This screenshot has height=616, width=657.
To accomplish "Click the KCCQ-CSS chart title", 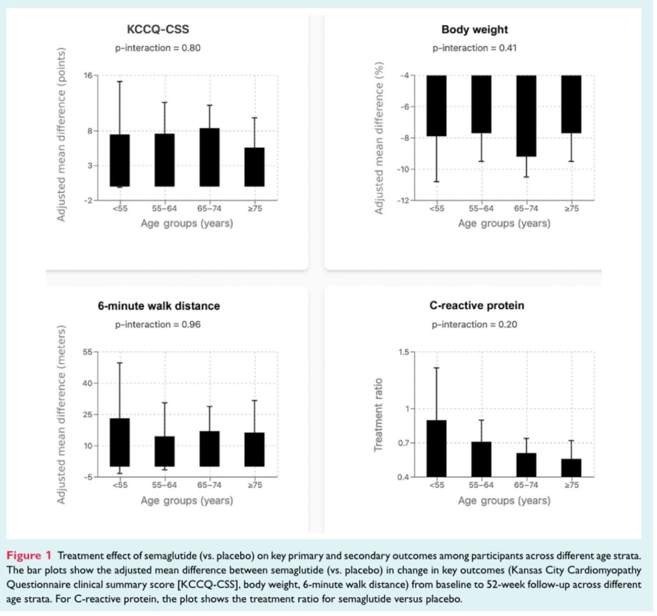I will coord(158,30).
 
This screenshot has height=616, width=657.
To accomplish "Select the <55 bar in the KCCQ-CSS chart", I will coord(119,160).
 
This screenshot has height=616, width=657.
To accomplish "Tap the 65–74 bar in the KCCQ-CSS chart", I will coord(209,157).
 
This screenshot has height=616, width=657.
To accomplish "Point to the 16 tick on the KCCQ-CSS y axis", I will coord(88,76).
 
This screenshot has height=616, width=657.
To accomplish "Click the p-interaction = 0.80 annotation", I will coord(158,48).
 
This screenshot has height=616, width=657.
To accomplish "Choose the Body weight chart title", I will coord(475,30).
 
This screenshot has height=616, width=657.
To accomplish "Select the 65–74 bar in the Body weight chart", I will coord(526,116).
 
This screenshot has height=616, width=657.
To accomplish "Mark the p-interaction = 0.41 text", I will coord(474,48).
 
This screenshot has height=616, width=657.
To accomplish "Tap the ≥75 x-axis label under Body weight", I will coord(571,209).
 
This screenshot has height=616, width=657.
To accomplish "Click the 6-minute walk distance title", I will coord(159,306).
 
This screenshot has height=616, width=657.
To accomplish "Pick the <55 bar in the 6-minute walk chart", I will coord(119,442).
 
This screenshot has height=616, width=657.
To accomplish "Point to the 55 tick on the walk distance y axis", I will coord(88,352).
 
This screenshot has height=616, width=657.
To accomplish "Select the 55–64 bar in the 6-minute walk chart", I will coord(164,451).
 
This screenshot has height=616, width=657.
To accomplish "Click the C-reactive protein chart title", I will coord(476,306).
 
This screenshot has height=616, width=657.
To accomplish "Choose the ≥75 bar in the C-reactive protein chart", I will coord(571,468).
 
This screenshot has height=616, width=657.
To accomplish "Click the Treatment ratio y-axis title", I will coord(378,415).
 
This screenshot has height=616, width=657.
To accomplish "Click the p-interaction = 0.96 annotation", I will coord(158,325).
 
